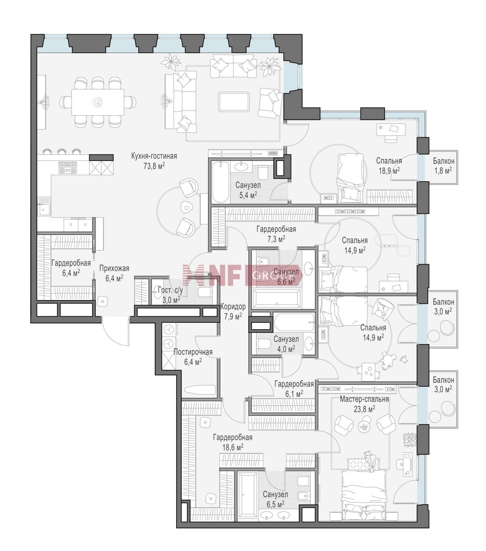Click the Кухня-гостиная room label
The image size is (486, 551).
click(x=154, y=156)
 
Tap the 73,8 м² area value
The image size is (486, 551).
click(x=154, y=166)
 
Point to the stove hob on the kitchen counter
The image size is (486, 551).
click(x=68, y=168)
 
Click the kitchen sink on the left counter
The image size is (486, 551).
click(x=44, y=209)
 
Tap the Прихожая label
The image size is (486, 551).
click(x=114, y=269)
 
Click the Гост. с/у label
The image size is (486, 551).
click(x=170, y=290)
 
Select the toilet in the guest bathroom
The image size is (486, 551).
click(x=205, y=293)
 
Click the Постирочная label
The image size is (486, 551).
click(x=193, y=352)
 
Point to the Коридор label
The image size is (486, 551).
click(x=233, y=307)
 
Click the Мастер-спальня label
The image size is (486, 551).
click(x=364, y=399)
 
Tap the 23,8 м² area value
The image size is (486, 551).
click(x=364, y=409)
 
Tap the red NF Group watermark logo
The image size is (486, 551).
click(x=243, y=275)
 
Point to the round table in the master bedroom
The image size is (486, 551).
click(x=364, y=426)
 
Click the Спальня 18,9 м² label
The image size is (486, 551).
click(x=389, y=165)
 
